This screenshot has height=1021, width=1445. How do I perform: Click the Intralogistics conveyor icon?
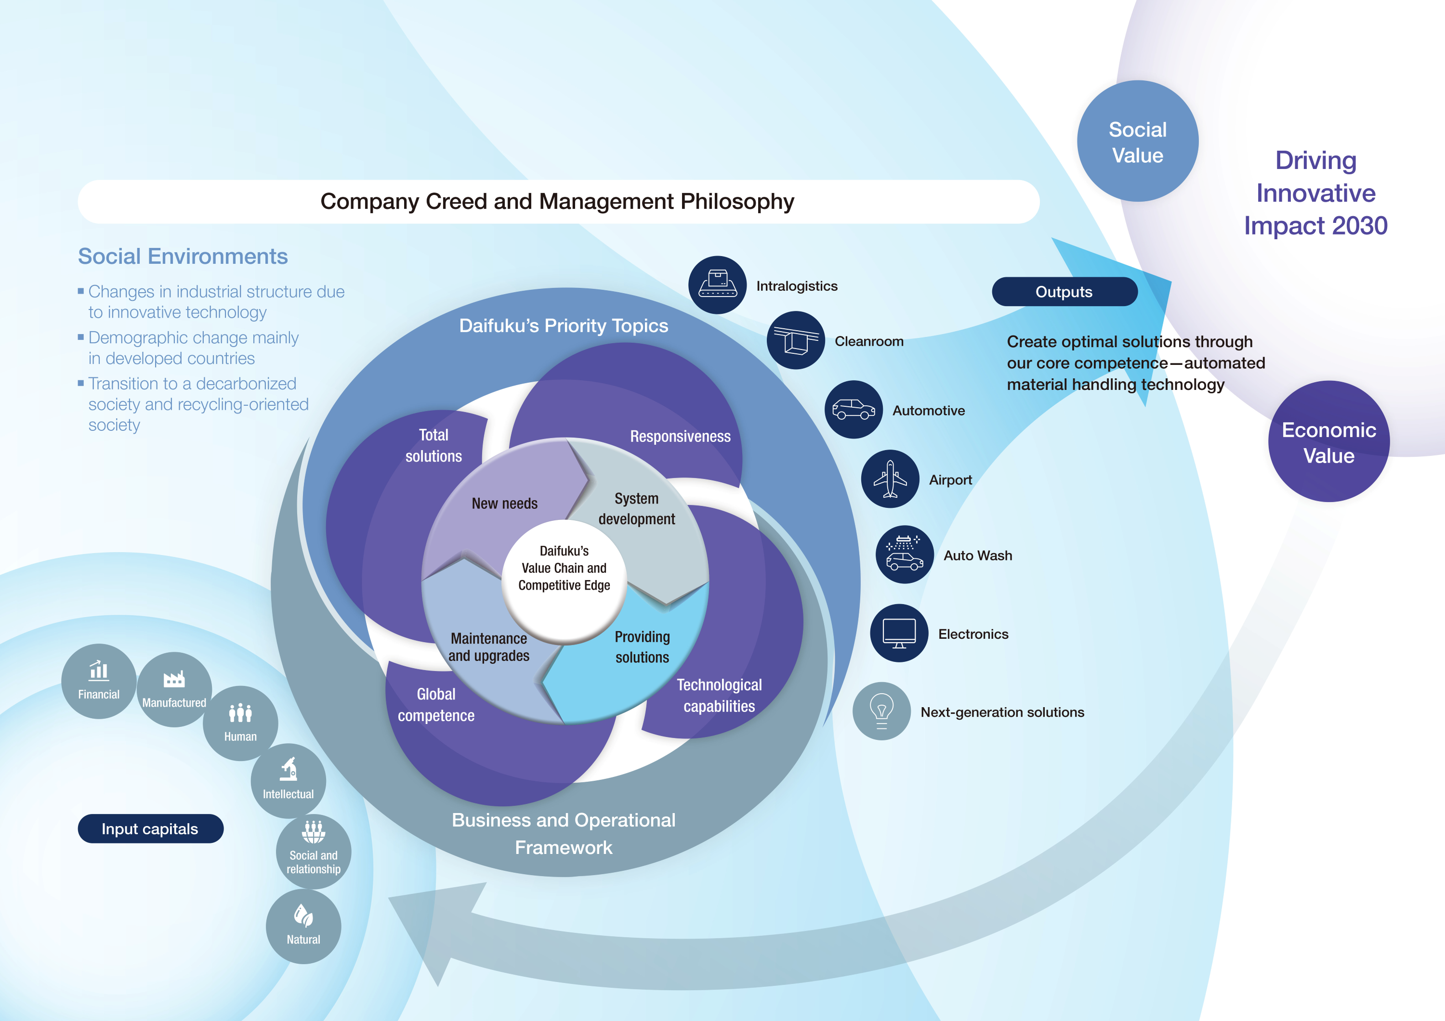[x=718, y=285]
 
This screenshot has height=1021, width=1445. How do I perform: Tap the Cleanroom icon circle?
[x=796, y=340]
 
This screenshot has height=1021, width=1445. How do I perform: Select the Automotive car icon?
[x=854, y=410]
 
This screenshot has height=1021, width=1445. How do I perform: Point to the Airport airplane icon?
[x=890, y=479]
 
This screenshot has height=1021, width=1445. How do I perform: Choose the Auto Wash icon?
[x=905, y=554]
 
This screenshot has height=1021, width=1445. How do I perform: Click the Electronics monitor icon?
[x=899, y=633]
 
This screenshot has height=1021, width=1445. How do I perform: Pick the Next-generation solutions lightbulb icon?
[x=881, y=711]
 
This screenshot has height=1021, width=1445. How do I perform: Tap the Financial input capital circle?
[x=99, y=681]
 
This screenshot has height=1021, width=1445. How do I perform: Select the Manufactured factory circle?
[x=174, y=689]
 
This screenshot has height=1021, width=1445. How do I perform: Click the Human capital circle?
[x=240, y=723]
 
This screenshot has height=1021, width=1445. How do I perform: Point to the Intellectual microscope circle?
[x=288, y=781]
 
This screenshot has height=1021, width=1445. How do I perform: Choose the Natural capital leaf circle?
[x=303, y=926]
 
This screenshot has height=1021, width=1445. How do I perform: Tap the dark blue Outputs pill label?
[x=1064, y=292]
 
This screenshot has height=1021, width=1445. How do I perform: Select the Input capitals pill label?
[x=150, y=828]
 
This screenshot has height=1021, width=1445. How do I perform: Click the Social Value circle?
[x=1137, y=142]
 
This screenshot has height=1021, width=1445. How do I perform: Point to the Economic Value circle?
[x=1328, y=441]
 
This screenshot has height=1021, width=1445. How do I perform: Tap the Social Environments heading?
[x=183, y=257]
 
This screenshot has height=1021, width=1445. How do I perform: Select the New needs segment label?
[x=505, y=503]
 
